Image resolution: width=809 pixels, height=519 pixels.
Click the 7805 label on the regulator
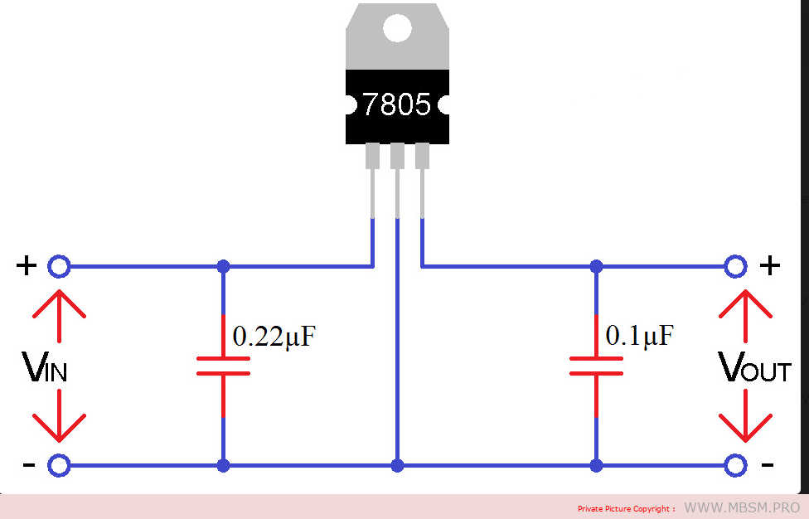click(397, 104)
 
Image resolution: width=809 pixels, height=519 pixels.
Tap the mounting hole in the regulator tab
click(397, 29)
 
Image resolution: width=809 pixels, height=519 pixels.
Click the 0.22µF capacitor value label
click(274, 337)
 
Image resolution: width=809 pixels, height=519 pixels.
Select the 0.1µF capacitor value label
click(639, 336)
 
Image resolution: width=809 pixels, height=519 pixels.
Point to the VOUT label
click(753, 366)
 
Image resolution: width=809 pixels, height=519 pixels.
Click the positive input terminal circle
click(58, 267)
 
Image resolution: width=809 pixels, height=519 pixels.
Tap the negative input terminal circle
click(58, 466)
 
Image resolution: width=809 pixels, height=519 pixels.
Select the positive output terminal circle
click(734, 267)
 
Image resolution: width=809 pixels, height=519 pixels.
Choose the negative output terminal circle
click(734, 466)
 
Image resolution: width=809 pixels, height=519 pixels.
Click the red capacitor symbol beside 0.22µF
click(223, 366)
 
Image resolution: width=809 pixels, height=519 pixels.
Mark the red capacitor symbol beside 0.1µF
click(596, 366)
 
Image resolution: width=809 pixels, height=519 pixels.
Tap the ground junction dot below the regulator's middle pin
click(398, 466)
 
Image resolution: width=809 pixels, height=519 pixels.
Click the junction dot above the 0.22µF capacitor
click(223, 267)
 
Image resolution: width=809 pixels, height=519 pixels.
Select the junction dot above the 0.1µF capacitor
click(596, 267)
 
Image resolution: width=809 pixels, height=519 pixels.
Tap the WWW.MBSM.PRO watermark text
click(742, 507)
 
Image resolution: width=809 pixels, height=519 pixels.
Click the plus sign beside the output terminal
click(771, 265)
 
